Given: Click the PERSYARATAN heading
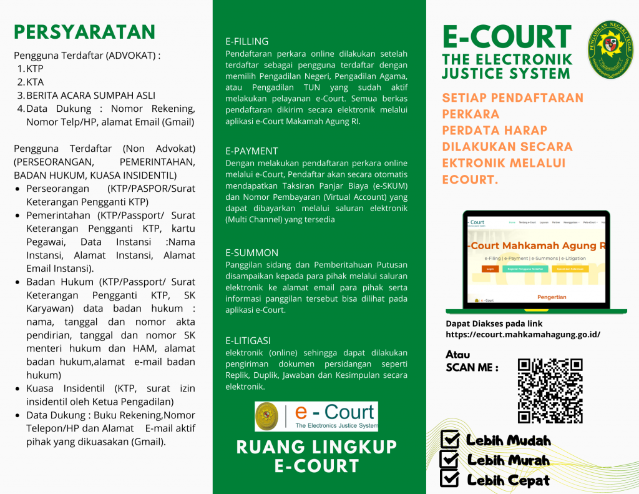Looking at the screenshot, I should coord(84,32).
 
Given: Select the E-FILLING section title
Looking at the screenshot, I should coord(247,41).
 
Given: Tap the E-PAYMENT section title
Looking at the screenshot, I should coord(251,151).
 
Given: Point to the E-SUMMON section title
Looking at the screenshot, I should coord(251,252).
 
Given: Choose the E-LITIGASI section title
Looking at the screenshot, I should coord(248,340).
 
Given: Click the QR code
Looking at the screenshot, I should coord(550,391).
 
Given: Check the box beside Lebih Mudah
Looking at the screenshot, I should coord(450,440).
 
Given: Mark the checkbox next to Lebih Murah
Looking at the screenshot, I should coord(450,460).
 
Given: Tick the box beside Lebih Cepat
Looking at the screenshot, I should coord(450,479).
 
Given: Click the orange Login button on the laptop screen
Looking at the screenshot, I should coord(490,269).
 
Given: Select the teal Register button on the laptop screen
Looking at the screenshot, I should coord(525,269).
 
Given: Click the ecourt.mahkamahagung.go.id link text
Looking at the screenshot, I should coord(523,334).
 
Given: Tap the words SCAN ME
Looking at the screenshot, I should coord(472,367).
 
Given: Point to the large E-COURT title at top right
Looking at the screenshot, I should coord(507,37).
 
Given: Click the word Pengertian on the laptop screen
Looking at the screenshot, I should coord(552,297).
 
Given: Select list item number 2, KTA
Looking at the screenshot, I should coord(35,82).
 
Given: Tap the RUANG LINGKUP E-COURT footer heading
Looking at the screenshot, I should coord(316,456).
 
